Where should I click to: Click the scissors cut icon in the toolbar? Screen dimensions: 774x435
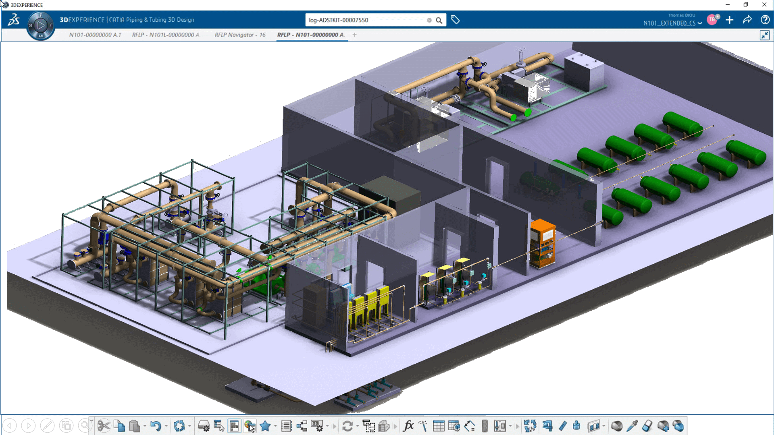coord(104,426)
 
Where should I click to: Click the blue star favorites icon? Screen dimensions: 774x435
coord(265,426)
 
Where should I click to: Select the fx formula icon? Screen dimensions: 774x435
coord(408,426)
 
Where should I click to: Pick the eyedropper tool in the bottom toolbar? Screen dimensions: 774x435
coord(632,426)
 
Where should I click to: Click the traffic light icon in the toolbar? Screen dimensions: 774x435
coord(485,426)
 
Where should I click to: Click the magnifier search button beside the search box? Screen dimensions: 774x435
coord(439,20)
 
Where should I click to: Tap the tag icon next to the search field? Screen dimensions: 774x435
coord(455,20)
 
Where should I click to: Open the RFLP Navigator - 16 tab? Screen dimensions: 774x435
coord(240,35)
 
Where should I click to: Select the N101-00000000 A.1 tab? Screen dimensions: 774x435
coord(95,35)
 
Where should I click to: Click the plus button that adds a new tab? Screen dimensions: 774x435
coord(354,35)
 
